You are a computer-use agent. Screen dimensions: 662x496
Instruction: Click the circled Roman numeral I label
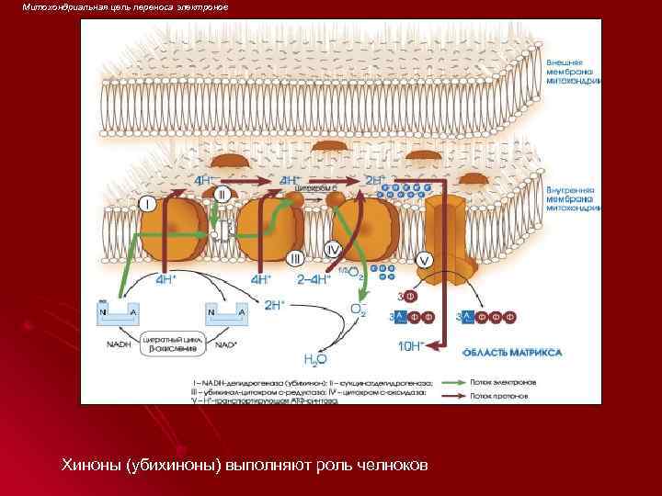(x=147, y=203)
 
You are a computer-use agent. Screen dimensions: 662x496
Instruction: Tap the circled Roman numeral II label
(x=223, y=195)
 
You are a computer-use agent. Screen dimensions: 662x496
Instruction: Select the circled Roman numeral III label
(x=296, y=257)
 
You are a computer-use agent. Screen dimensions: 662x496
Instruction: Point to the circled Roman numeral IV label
(x=334, y=250)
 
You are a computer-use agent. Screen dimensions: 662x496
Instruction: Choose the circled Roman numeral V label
(x=424, y=260)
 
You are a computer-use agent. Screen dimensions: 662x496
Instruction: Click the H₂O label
(x=314, y=357)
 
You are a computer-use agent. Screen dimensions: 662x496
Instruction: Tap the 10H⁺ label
(x=410, y=345)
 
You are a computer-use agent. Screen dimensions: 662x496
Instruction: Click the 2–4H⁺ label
(x=316, y=279)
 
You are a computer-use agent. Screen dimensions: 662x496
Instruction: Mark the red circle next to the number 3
(x=410, y=296)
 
